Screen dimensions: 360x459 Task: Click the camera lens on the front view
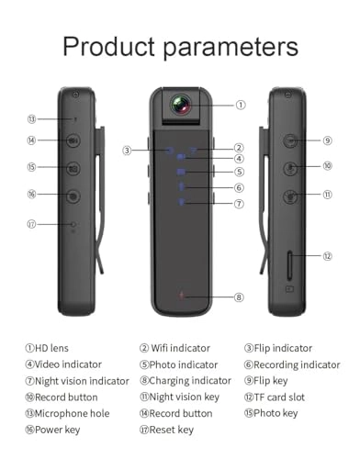[181, 105]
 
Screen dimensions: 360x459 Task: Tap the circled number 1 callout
[241, 105]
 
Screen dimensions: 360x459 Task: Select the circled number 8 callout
[239, 297]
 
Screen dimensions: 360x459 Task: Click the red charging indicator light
[182, 296]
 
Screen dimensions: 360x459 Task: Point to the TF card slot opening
[289, 265]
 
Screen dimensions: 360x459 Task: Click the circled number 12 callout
[327, 256]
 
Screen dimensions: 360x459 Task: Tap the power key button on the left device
[73, 196]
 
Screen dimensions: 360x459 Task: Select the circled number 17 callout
[31, 224]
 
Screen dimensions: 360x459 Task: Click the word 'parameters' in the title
[231, 48]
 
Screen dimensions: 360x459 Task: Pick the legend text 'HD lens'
[51, 348]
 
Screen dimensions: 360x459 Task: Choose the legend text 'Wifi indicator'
[180, 348]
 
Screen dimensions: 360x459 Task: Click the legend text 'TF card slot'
[279, 397]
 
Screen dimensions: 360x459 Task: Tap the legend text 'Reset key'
[172, 430]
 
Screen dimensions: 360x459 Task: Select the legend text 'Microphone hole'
[72, 413]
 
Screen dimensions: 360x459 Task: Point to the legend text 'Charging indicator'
[190, 381]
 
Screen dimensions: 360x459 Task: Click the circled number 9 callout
[327, 140]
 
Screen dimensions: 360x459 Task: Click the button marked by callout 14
[73, 140]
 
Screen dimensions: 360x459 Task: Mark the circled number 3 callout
[127, 151]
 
